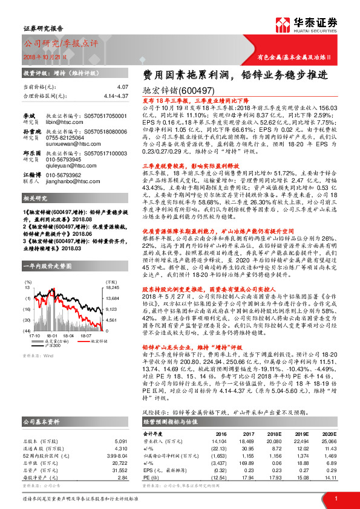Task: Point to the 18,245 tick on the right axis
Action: (x=113, y=288)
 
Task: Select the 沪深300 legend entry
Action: (x=53, y=345)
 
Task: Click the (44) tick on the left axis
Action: (x=27, y=331)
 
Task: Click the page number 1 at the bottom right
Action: (x=336, y=499)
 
